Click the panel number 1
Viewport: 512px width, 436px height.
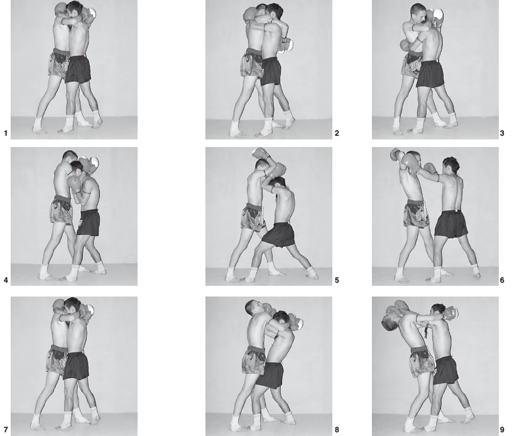tap(5, 133)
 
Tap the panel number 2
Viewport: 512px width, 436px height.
tap(337, 133)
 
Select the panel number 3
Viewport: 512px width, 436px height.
tap(502, 133)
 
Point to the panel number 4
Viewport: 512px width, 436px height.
tap(6, 280)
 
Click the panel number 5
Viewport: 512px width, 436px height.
tap(337, 280)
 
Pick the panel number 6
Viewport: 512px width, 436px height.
tap(502, 280)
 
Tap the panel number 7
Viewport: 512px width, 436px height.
tap(6, 430)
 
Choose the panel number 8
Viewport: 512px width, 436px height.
tap(337, 430)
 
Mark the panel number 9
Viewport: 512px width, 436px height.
tap(502, 430)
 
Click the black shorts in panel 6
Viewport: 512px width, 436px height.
tap(451, 224)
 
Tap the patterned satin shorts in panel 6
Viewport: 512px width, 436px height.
tap(416, 214)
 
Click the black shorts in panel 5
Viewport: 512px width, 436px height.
tap(278, 234)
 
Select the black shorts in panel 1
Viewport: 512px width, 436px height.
tap(78, 69)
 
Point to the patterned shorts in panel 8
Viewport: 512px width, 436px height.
tap(253, 360)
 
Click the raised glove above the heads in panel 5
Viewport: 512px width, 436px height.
tap(259, 153)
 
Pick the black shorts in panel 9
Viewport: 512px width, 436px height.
tap(446, 370)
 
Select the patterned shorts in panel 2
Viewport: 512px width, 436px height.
tap(252, 63)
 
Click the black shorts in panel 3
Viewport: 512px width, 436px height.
tap(430, 74)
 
